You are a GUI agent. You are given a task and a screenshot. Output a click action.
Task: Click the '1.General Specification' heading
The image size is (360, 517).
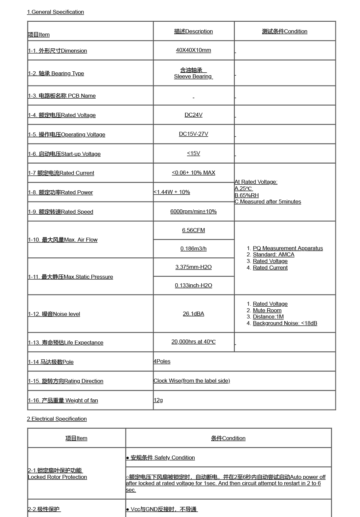coord(56,12)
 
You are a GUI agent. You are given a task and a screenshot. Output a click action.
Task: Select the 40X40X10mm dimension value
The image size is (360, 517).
coord(193,50)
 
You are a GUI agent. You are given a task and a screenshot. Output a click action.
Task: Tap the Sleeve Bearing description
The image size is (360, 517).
coord(193,77)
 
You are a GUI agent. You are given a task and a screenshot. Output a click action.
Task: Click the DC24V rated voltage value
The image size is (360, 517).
coord(193,115)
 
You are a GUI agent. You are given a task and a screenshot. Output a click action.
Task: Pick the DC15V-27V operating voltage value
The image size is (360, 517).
coord(193,134)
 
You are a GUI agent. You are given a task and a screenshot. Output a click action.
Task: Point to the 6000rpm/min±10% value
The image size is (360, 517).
coord(193,212)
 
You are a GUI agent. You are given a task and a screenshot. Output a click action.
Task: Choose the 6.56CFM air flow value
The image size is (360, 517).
coord(193,230)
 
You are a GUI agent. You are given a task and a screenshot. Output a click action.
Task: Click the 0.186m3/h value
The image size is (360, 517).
coord(193,249)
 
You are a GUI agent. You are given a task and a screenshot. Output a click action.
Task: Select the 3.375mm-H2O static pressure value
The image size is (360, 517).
coord(193,267)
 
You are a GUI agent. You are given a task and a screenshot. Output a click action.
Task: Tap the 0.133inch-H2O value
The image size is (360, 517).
coord(193,286)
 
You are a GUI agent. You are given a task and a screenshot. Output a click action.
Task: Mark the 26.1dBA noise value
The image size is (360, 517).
coord(193,314)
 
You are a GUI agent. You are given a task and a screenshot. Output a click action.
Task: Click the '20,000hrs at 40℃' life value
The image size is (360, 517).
coord(193,342)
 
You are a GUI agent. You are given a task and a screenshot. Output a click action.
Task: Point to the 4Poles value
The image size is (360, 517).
coord(162,362)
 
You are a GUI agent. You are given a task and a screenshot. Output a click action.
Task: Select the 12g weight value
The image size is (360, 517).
coord(158,400)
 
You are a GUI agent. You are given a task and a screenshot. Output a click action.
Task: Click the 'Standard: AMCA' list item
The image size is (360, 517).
coord(274,255)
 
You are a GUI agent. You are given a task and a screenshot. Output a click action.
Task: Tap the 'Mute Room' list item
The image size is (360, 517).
coord(267,311)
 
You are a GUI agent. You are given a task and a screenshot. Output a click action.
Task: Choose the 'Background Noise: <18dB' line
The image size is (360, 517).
coord(285,323)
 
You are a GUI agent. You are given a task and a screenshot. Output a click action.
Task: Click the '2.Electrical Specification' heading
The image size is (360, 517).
coord(57,419)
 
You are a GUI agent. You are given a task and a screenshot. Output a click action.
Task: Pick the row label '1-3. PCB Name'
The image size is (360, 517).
coord(62,96)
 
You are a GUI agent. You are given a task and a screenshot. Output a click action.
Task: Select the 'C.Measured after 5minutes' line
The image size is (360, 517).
coord(268,202)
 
